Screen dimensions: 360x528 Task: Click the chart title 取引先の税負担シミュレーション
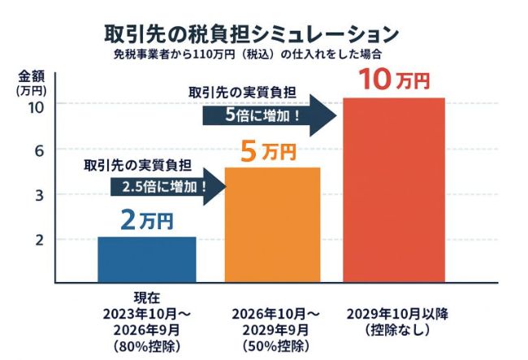pos(252,34)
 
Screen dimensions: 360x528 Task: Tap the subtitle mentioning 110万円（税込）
pos(252,55)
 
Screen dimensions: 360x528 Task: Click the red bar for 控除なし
pos(393,190)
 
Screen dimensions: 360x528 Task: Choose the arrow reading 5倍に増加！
pos(268,115)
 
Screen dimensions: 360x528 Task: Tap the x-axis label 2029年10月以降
pos(393,314)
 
